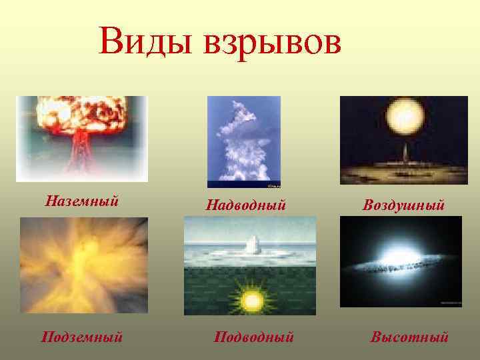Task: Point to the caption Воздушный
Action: [403, 205]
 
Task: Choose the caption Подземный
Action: [81, 337]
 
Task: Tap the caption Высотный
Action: [409, 337]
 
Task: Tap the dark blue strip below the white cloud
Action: [244, 185]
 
